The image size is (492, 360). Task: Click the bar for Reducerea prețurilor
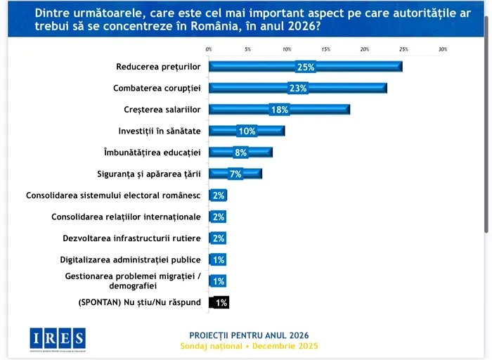(306, 67)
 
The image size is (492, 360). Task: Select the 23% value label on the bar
(298, 89)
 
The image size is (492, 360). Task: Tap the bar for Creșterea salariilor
(279, 110)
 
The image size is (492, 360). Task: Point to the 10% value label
(247, 131)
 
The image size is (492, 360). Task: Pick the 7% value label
(235, 174)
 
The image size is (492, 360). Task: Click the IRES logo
(58, 339)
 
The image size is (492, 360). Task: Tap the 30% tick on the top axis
(443, 49)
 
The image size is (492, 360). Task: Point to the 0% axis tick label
(209, 49)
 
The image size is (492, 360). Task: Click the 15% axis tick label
(325, 49)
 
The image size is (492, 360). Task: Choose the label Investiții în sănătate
(160, 131)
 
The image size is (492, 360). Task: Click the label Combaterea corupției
(157, 89)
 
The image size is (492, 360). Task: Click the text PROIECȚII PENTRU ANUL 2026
(249, 335)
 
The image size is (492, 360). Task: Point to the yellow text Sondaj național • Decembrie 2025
(249, 346)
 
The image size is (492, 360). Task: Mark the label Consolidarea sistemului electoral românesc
(113, 195)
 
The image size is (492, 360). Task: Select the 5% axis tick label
(247, 49)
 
